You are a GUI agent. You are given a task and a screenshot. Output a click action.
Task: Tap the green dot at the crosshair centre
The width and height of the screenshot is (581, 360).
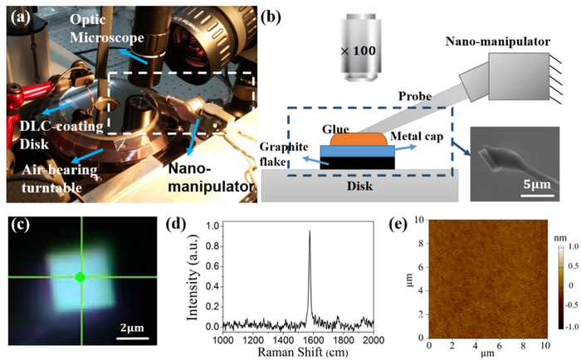80,278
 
